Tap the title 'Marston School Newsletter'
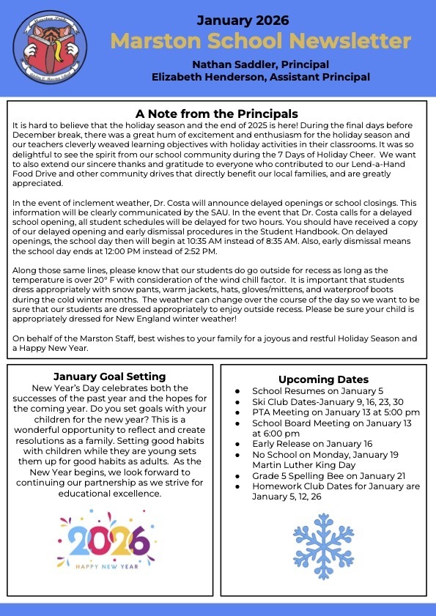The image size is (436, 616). tap(260, 40)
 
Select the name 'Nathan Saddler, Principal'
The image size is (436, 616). tap(260, 64)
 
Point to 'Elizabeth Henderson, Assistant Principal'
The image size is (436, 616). tap(260, 76)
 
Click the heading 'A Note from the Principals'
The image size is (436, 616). tap(217, 114)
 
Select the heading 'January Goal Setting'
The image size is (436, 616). tap(110, 377)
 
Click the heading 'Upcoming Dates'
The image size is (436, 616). tap(323, 379)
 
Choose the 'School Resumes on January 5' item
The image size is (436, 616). tap(316, 391)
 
